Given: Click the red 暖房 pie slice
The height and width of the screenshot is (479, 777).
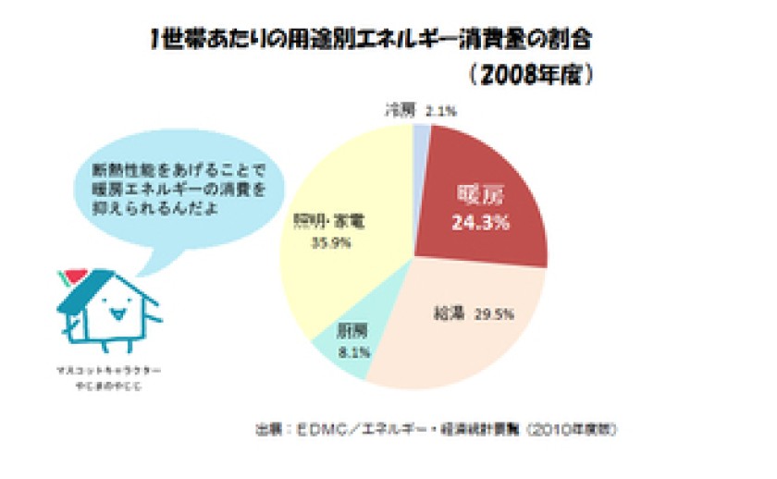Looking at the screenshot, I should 481,176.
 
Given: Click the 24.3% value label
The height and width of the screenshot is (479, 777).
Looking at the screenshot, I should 483,222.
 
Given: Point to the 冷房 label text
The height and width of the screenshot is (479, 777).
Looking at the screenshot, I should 399,110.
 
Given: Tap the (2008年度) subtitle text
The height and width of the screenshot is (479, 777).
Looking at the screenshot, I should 529,74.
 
